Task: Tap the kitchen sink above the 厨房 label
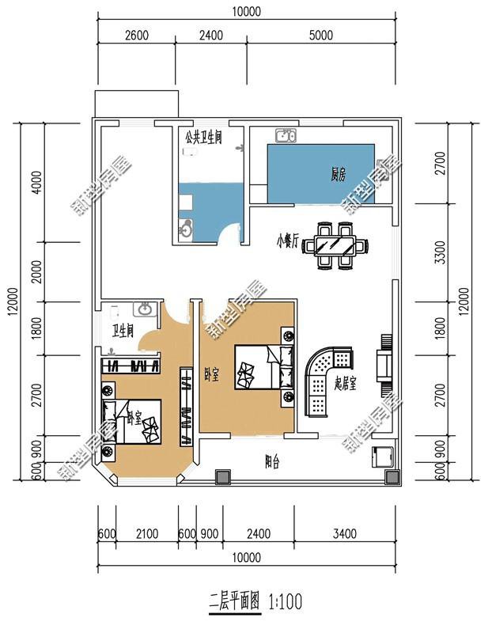[285, 136]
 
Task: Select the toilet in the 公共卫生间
[184, 229]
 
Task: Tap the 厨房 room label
[339, 176]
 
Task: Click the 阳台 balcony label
[271, 464]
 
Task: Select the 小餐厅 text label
[287, 240]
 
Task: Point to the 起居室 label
[346, 384]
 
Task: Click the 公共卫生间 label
[203, 137]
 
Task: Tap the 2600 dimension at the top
[137, 35]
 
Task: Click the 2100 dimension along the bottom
[146, 533]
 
